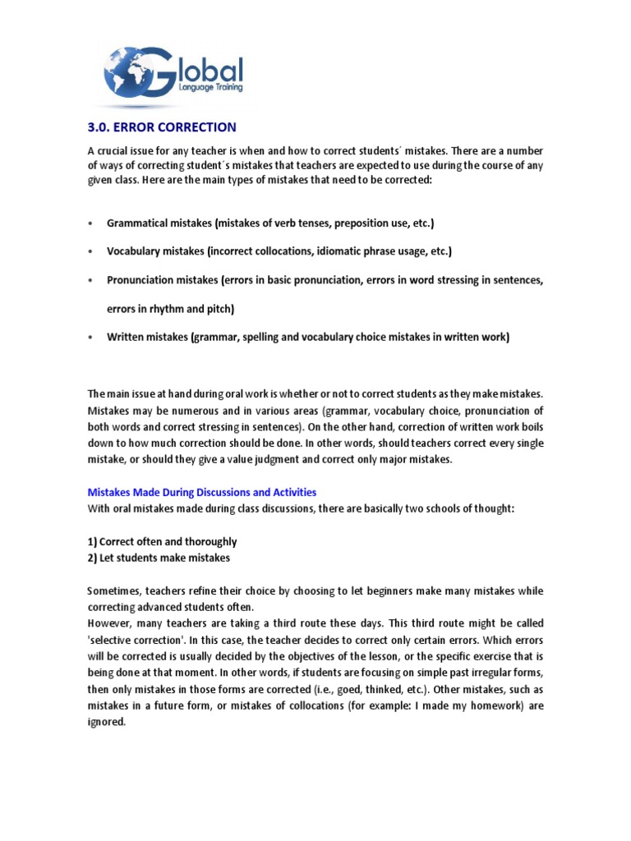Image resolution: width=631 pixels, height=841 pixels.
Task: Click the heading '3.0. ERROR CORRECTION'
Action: (162, 127)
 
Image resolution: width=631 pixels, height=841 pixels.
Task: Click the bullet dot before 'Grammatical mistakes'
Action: (90, 223)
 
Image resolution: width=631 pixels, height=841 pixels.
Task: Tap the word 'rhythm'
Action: (169, 309)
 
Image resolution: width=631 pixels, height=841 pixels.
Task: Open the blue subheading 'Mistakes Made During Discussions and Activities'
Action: (202, 492)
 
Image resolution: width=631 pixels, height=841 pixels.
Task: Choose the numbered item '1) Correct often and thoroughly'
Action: (163, 542)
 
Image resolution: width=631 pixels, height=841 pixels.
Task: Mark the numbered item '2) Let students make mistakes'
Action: (159, 558)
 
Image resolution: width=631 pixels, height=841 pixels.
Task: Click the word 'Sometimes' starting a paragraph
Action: (114, 591)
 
